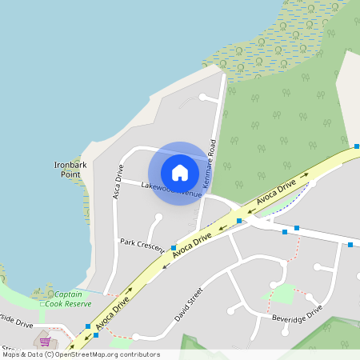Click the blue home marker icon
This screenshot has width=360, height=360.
[180, 173]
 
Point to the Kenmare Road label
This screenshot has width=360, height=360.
[210, 165]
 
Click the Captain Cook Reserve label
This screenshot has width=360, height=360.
[67, 298]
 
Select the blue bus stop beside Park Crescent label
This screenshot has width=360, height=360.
[173, 248]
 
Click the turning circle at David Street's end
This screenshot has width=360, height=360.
[135, 337]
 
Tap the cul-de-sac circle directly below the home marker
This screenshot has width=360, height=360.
[158, 217]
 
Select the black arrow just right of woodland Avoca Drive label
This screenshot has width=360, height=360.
[304, 177]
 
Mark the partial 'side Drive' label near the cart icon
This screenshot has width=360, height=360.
[16, 325]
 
